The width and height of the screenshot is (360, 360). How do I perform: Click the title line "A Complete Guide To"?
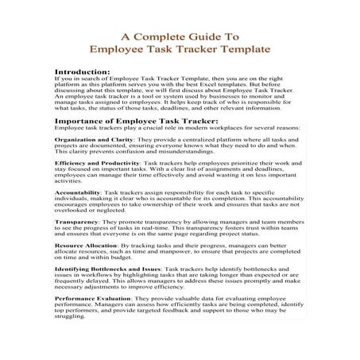tap(180, 36)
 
